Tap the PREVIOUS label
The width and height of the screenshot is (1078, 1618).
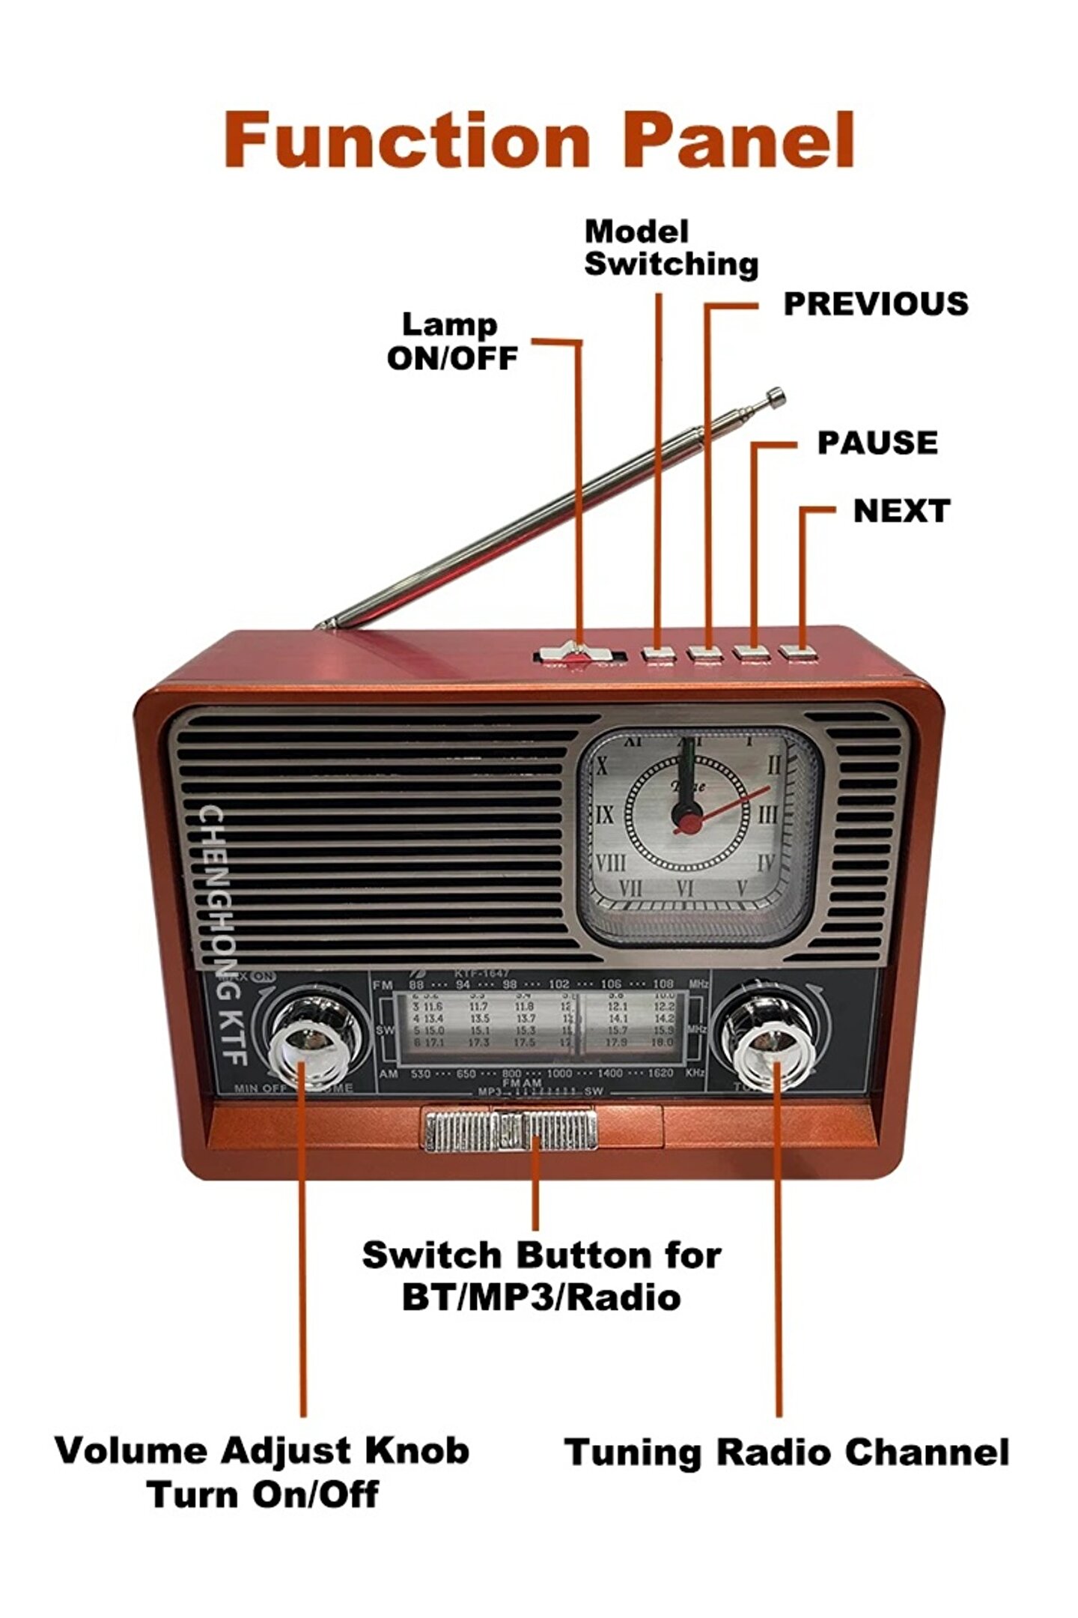click(875, 304)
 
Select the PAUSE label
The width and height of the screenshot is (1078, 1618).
click(877, 443)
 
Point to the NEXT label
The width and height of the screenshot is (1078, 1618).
click(901, 511)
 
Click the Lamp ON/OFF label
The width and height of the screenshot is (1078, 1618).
click(451, 342)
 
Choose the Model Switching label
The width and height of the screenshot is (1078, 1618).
click(670, 249)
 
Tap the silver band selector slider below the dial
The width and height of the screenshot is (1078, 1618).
click(511, 1129)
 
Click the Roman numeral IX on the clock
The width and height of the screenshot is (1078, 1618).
click(605, 814)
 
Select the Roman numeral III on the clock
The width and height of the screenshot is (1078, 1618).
click(768, 814)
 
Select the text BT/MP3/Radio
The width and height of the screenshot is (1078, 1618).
click(540, 1298)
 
